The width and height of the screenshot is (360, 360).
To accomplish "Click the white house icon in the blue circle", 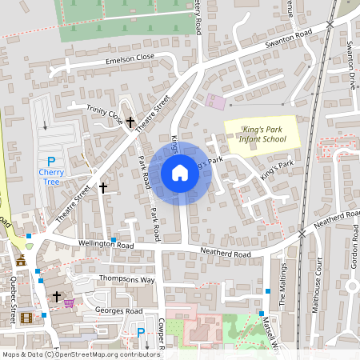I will (x=180, y=173).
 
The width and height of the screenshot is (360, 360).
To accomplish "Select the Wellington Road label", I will (x=76, y=243).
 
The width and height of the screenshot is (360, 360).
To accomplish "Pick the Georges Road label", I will (x=118, y=310).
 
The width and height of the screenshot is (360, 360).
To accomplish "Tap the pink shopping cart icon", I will (x=69, y=303).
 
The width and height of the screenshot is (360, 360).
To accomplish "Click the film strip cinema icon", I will (x=28, y=318).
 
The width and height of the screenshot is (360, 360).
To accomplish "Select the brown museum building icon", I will (x=21, y=261).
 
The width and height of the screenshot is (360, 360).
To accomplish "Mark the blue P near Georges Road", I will (x=141, y=333).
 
